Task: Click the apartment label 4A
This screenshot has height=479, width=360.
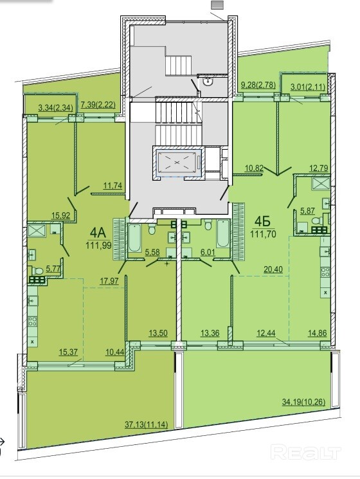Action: coord(98,233)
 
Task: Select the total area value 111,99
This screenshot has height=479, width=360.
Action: coord(98,245)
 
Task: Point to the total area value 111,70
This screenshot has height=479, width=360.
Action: coord(263,234)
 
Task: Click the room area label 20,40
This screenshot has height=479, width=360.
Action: coord(273,269)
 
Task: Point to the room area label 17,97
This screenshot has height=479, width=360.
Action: coord(110,281)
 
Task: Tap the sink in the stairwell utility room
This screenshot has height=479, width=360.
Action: coord(208,81)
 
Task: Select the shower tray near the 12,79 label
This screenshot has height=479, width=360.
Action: coord(320,185)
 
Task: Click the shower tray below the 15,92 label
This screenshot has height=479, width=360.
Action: coord(37,230)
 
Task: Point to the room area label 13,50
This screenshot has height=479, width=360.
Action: coord(158,333)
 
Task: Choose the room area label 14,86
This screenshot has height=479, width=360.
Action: coord(318,333)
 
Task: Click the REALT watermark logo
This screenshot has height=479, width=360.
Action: coord(305,452)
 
